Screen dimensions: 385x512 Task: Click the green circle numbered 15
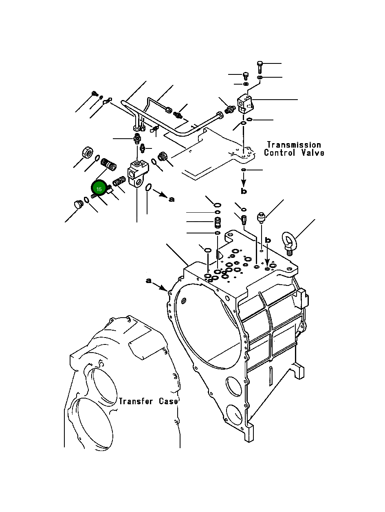click(99, 189)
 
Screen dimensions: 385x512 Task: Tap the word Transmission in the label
click(294, 145)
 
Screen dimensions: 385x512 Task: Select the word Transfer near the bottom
click(136, 401)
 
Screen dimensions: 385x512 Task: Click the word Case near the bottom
click(168, 401)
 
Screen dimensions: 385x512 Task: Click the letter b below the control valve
click(244, 191)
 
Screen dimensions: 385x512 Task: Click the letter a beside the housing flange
click(149, 281)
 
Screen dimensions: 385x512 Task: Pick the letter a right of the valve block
click(172, 199)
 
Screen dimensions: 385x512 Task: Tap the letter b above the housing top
click(268, 240)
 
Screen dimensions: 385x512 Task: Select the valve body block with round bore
click(138, 175)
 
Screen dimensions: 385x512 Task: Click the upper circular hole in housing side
click(233, 386)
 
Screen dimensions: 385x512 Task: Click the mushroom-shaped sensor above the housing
click(261, 218)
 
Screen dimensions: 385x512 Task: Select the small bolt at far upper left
click(95, 93)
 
